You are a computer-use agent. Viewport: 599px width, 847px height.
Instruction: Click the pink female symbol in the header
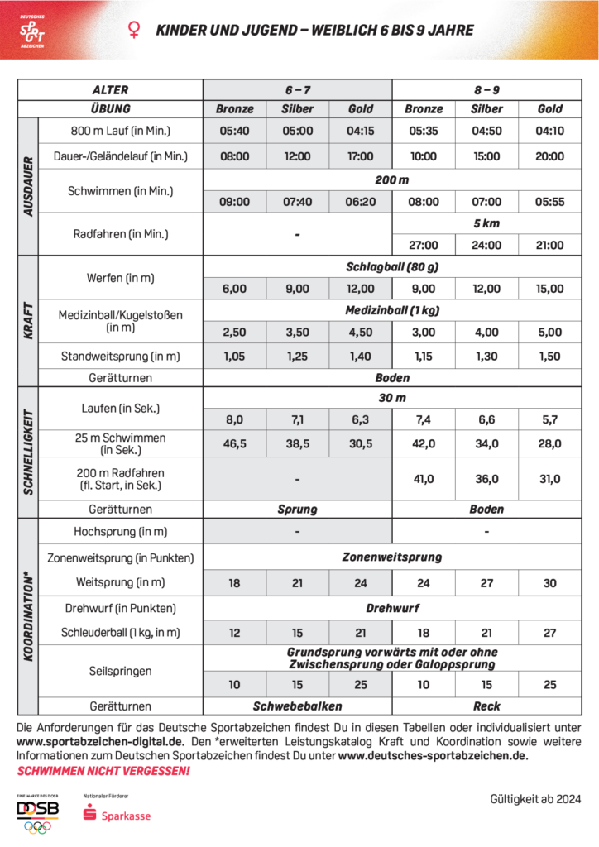click(x=132, y=31)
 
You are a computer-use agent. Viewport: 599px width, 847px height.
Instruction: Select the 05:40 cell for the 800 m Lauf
click(x=235, y=131)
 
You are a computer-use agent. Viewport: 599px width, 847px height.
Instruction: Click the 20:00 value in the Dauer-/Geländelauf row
click(x=549, y=156)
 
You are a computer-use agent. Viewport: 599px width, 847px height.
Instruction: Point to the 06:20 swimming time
click(x=361, y=202)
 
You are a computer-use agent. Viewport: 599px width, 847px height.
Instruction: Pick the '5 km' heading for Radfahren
click(x=486, y=223)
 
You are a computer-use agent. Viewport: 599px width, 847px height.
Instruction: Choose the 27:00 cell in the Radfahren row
click(x=424, y=245)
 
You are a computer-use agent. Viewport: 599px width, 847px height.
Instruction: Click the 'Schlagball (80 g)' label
click(x=392, y=267)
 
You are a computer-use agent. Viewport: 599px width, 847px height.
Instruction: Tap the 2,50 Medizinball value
click(x=235, y=333)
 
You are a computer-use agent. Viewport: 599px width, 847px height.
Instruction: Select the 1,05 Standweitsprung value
click(x=235, y=357)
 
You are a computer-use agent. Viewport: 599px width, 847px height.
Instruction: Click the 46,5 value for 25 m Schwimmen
click(x=235, y=444)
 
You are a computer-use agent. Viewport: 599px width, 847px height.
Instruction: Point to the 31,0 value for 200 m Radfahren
click(x=549, y=479)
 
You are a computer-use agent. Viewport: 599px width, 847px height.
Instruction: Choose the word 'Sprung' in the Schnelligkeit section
click(x=297, y=510)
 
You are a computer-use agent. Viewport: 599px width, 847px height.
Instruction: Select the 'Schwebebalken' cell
click(x=297, y=706)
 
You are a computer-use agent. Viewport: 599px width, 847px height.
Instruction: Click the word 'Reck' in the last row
click(x=486, y=706)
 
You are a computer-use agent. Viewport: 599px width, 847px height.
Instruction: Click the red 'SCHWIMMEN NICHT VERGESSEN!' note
click(x=103, y=771)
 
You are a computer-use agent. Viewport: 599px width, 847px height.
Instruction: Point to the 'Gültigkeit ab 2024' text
click(x=535, y=799)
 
